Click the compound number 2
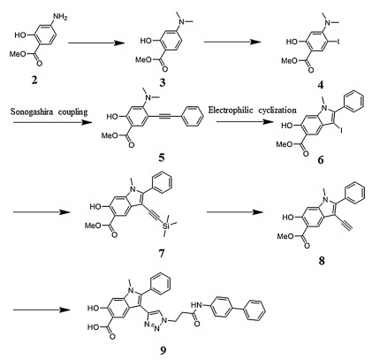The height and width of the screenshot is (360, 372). point(34,80)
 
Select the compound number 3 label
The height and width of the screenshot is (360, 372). point(163,83)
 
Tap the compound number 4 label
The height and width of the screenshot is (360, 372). point(320,85)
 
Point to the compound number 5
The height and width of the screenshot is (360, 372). point(162,158)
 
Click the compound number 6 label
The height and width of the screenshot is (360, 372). point(321,159)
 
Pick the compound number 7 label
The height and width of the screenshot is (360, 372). point(162,253)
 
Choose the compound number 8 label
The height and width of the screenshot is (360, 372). point(322,260)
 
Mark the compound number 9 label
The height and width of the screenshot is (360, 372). point(163,350)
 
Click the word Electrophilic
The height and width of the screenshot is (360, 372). point(231,111)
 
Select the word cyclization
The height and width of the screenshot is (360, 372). point(277,111)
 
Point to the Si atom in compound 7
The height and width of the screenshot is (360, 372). point(166,226)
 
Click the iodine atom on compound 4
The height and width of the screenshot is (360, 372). point(338,42)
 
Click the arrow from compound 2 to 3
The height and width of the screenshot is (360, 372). point(95,43)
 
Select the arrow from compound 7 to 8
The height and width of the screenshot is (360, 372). point(235,212)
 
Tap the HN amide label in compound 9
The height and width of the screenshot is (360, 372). point(196,304)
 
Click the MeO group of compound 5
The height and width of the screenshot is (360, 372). point(110,136)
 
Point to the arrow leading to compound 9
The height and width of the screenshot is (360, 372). point(42,310)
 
